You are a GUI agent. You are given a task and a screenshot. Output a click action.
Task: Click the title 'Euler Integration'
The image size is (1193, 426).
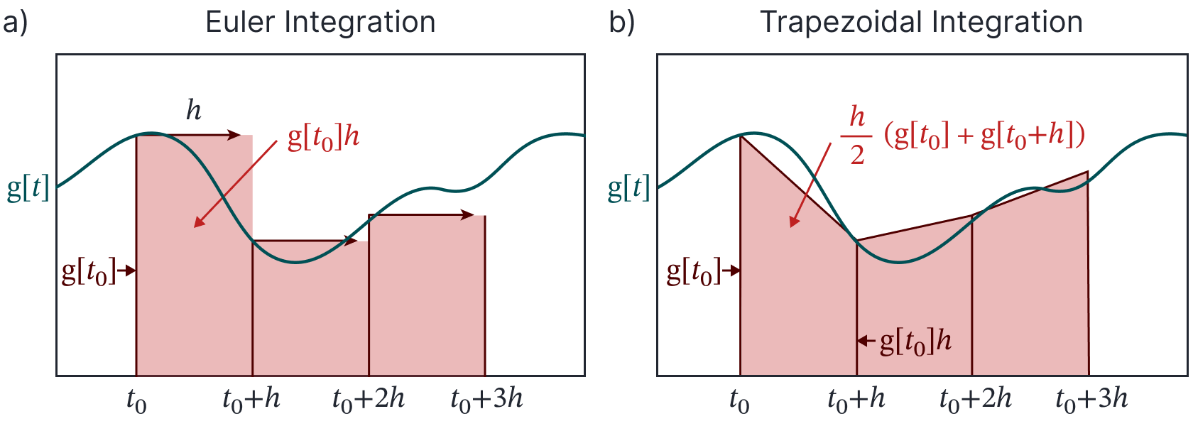click(320, 23)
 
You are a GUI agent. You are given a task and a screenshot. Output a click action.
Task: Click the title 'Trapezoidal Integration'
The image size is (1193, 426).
click(921, 23)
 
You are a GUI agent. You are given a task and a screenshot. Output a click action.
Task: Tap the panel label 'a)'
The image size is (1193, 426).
click(15, 23)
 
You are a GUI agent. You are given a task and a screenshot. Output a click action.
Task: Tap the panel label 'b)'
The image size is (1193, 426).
click(622, 23)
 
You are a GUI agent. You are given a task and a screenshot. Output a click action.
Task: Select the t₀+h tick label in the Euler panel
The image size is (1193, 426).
click(251, 400)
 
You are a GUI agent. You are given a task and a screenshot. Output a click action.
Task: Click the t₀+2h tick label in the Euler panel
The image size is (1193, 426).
click(368, 400)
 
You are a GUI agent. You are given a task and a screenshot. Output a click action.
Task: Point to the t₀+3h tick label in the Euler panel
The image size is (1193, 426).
click(486, 400)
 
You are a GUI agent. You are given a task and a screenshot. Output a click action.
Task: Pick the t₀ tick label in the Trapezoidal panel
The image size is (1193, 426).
click(739, 401)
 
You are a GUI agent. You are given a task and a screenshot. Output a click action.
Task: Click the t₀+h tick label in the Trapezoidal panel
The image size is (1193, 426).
click(856, 400)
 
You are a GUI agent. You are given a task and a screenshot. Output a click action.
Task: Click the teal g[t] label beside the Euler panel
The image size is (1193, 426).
click(28, 188)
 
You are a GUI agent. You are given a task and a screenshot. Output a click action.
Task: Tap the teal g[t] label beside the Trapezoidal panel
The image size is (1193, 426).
click(629, 188)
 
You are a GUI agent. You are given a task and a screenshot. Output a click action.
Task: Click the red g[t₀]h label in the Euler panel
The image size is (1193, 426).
click(323, 137)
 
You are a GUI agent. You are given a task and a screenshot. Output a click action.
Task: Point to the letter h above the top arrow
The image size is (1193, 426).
click(194, 111)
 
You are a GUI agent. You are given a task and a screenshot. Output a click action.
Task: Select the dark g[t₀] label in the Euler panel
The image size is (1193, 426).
click(89, 271)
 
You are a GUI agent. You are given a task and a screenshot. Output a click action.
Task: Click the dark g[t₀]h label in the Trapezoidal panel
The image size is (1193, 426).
click(915, 342)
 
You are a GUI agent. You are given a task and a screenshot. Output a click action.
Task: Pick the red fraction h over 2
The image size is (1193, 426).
click(857, 135)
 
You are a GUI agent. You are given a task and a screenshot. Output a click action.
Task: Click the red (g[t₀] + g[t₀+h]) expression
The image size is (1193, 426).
click(984, 135)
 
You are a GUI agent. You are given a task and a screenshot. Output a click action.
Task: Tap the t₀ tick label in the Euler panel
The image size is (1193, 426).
click(136, 401)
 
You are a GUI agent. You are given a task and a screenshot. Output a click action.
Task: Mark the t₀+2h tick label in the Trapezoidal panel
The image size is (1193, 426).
click(975, 400)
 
